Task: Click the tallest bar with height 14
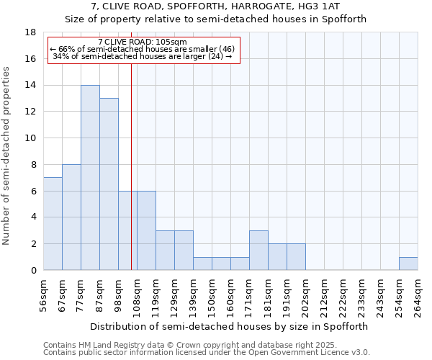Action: (x=90, y=178)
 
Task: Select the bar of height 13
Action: (x=109, y=184)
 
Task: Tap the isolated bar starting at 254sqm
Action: (x=408, y=264)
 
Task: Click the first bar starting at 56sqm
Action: (x=53, y=224)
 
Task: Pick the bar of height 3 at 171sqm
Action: (x=258, y=251)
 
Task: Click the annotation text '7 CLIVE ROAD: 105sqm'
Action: (x=142, y=42)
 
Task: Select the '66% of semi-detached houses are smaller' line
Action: (x=142, y=49)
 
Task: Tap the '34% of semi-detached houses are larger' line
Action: (x=142, y=56)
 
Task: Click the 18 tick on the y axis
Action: (x=32, y=32)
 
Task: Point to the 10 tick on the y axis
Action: (x=32, y=138)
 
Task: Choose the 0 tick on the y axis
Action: (x=33, y=271)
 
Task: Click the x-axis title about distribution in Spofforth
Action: (x=230, y=326)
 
